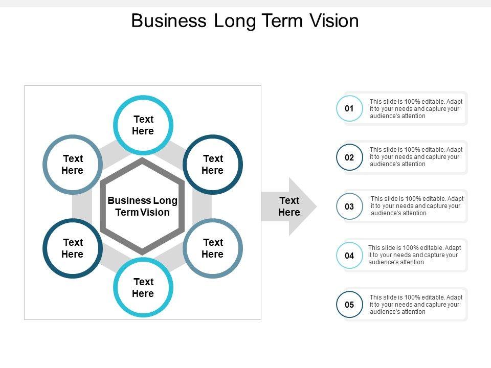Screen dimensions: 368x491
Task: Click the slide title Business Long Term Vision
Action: pyautogui.click(x=245, y=21)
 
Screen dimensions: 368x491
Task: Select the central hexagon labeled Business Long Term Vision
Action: pyautogui.click(x=142, y=206)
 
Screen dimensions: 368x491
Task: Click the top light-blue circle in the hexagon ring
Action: pyautogui.click(x=143, y=125)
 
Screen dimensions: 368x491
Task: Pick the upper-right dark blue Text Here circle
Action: pyautogui.click(x=213, y=165)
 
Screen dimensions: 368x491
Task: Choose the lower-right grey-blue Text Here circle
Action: pyautogui.click(x=213, y=248)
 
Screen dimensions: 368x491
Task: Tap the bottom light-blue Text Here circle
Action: pyautogui.click(x=143, y=288)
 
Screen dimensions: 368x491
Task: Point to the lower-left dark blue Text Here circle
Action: pyautogui.click(x=73, y=248)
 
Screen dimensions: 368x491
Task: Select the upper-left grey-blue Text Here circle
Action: pyautogui.click(x=73, y=165)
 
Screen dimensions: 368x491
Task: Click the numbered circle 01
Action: pyautogui.click(x=349, y=108)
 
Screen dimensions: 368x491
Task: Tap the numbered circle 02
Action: pyautogui.click(x=349, y=157)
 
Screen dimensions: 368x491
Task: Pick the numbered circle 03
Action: pyautogui.click(x=349, y=206)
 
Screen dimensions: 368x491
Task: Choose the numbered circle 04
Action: pyautogui.click(x=349, y=256)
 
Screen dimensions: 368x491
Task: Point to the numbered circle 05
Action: pyautogui.click(x=349, y=305)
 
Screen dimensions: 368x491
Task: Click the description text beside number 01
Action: pyautogui.click(x=416, y=109)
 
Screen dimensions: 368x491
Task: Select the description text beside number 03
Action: pyautogui.click(x=416, y=206)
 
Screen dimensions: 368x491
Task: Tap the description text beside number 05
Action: pyautogui.click(x=416, y=304)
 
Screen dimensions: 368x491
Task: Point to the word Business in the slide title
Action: pyautogui.click(x=168, y=21)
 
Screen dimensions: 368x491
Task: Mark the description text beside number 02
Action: pyautogui.click(x=416, y=157)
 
